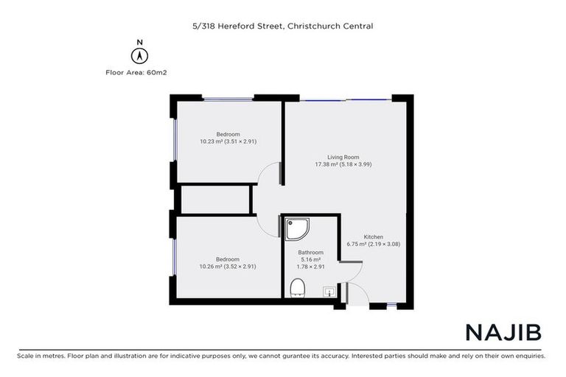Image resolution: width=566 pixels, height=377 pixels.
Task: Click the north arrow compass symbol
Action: tap(138, 54)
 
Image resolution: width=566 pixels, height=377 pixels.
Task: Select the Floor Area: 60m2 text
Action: tap(138, 72)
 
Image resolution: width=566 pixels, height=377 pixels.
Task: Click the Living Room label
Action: tap(343, 157)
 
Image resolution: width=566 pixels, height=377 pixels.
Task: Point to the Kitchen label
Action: tap(374, 236)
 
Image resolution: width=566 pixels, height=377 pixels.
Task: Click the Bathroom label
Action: tap(311, 252)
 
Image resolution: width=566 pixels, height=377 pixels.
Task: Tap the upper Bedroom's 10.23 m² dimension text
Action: tap(228, 141)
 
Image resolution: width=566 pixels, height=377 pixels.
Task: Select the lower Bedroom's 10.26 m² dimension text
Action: tap(228, 267)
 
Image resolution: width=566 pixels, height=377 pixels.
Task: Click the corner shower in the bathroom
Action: tap(298, 230)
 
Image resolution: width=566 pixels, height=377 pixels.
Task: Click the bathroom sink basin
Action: tap(328, 292)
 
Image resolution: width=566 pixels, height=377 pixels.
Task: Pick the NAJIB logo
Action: tap(503, 332)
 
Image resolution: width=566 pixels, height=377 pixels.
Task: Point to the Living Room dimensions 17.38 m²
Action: tap(343, 165)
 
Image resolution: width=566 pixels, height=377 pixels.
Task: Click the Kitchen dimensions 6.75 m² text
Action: tap(374, 244)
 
